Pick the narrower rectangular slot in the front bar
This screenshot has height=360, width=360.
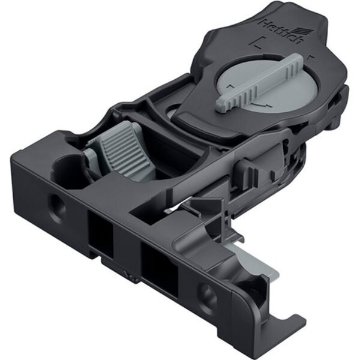pyautogui.click(x=101, y=233)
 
